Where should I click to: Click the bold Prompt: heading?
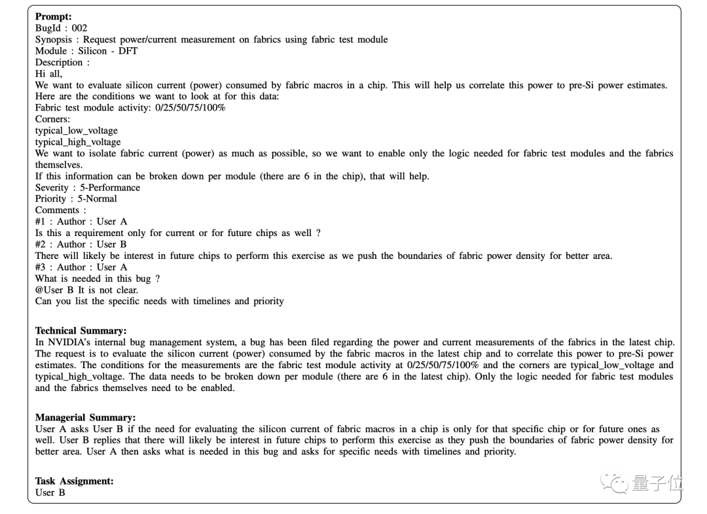pos(54,16)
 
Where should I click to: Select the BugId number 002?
pos(79,28)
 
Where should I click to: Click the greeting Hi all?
pos(48,74)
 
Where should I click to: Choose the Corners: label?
pos(52,119)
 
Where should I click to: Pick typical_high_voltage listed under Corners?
pos(78,142)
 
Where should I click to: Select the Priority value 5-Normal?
pos(96,199)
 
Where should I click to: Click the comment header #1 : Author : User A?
pos(81,222)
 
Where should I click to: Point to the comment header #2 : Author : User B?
pos(81,244)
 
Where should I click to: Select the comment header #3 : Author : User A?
pos(81,267)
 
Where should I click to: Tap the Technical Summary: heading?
pos(81,331)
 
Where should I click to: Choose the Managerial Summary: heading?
pos(85,417)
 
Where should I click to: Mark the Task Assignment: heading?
pos(74,481)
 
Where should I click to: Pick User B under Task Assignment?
pos(50,492)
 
